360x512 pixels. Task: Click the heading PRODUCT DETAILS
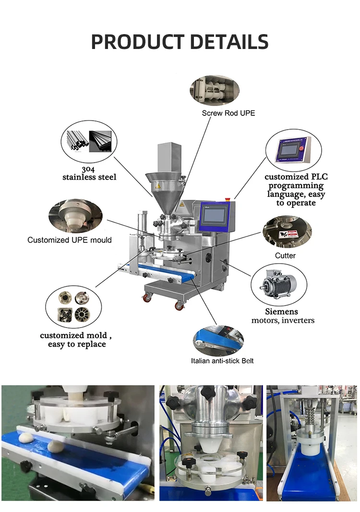180,42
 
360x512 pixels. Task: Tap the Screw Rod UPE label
228,113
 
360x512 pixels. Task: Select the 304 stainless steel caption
89,173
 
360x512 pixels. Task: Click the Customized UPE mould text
70,240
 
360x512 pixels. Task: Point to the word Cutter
285,256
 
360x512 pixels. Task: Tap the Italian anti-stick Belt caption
222,361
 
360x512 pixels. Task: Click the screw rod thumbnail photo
214,89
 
